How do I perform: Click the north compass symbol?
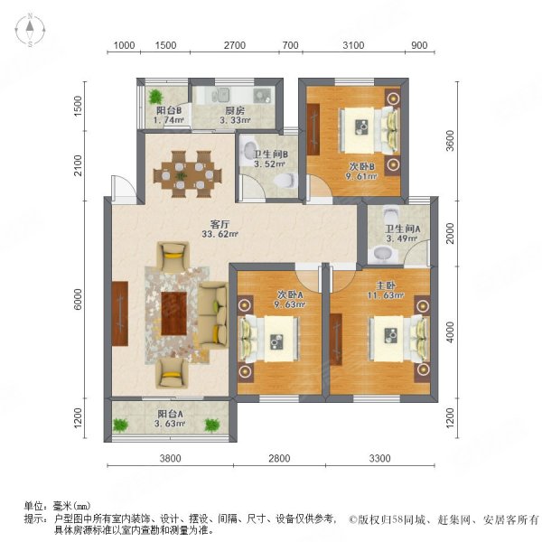[x=30, y=31]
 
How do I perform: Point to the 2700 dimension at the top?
[x=235, y=45]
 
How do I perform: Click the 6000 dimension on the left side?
[x=80, y=301]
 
